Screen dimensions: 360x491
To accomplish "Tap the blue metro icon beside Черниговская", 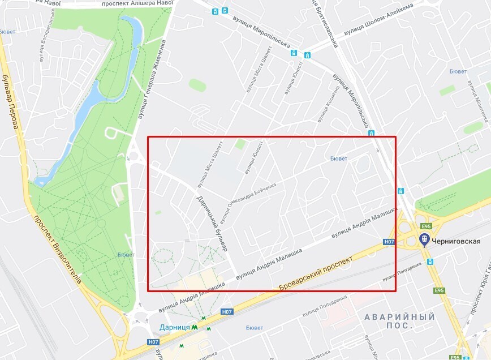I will click(424, 241).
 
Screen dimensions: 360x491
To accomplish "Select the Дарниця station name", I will click(174, 327).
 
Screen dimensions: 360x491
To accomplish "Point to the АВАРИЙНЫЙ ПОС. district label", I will click(399, 322).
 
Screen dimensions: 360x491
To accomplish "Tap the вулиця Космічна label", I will click(329, 102).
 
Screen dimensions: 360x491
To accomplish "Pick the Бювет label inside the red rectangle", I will click(339, 158).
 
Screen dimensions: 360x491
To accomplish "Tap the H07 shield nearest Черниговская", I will click(389, 242).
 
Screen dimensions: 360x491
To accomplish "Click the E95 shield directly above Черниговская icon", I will click(425, 226).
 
